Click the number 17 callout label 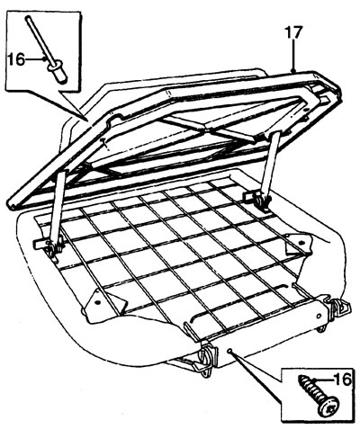[293, 32]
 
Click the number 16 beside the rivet [16, 59]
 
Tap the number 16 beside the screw [341, 380]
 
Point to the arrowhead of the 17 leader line [293, 70]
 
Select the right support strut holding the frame [271, 164]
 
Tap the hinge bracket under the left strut [49, 247]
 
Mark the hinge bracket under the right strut [257, 201]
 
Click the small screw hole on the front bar [229, 351]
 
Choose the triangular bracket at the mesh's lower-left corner [104, 303]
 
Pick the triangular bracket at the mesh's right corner [299, 244]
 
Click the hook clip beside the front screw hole [207, 358]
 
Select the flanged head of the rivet [57, 67]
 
